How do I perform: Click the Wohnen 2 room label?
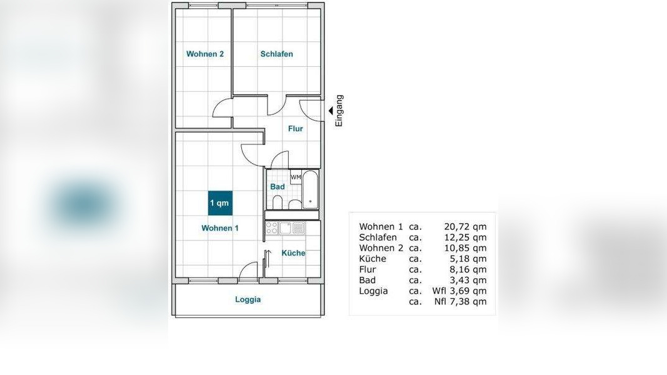pyautogui.click(x=205, y=54)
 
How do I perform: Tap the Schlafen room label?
pyautogui.click(x=276, y=54)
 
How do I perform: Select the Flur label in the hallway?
pyautogui.click(x=295, y=128)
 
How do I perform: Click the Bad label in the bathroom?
pyautogui.click(x=278, y=187)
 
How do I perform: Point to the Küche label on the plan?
pyautogui.click(x=293, y=253)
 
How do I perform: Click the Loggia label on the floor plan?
pyautogui.click(x=248, y=299)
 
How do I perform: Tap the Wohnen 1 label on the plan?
pyautogui.click(x=220, y=228)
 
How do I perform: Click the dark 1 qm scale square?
pyautogui.click(x=220, y=202)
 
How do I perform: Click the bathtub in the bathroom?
pyautogui.click(x=310, y=189)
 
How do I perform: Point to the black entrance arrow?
pyautogui.click(x=331, y=111)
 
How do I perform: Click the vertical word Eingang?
pyautogui.click(x=339, y=111)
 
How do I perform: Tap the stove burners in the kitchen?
pyautogui.click(x=271, y=228)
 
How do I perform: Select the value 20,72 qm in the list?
pyautogui.click(x=465, y=227)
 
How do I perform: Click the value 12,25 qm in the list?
pyautogui.click(x=465, y=237)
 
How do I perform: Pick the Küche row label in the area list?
pyautogui.click(x=373, y=259)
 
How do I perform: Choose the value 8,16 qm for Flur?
pyautogui.click(x=468, y=269)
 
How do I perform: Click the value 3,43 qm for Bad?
pyautogui.click(x=468, y=280)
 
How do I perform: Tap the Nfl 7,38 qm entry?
pyautogui.click(x=461, y=301)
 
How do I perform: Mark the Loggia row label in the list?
pyautogui.click(x=373, y=291)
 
